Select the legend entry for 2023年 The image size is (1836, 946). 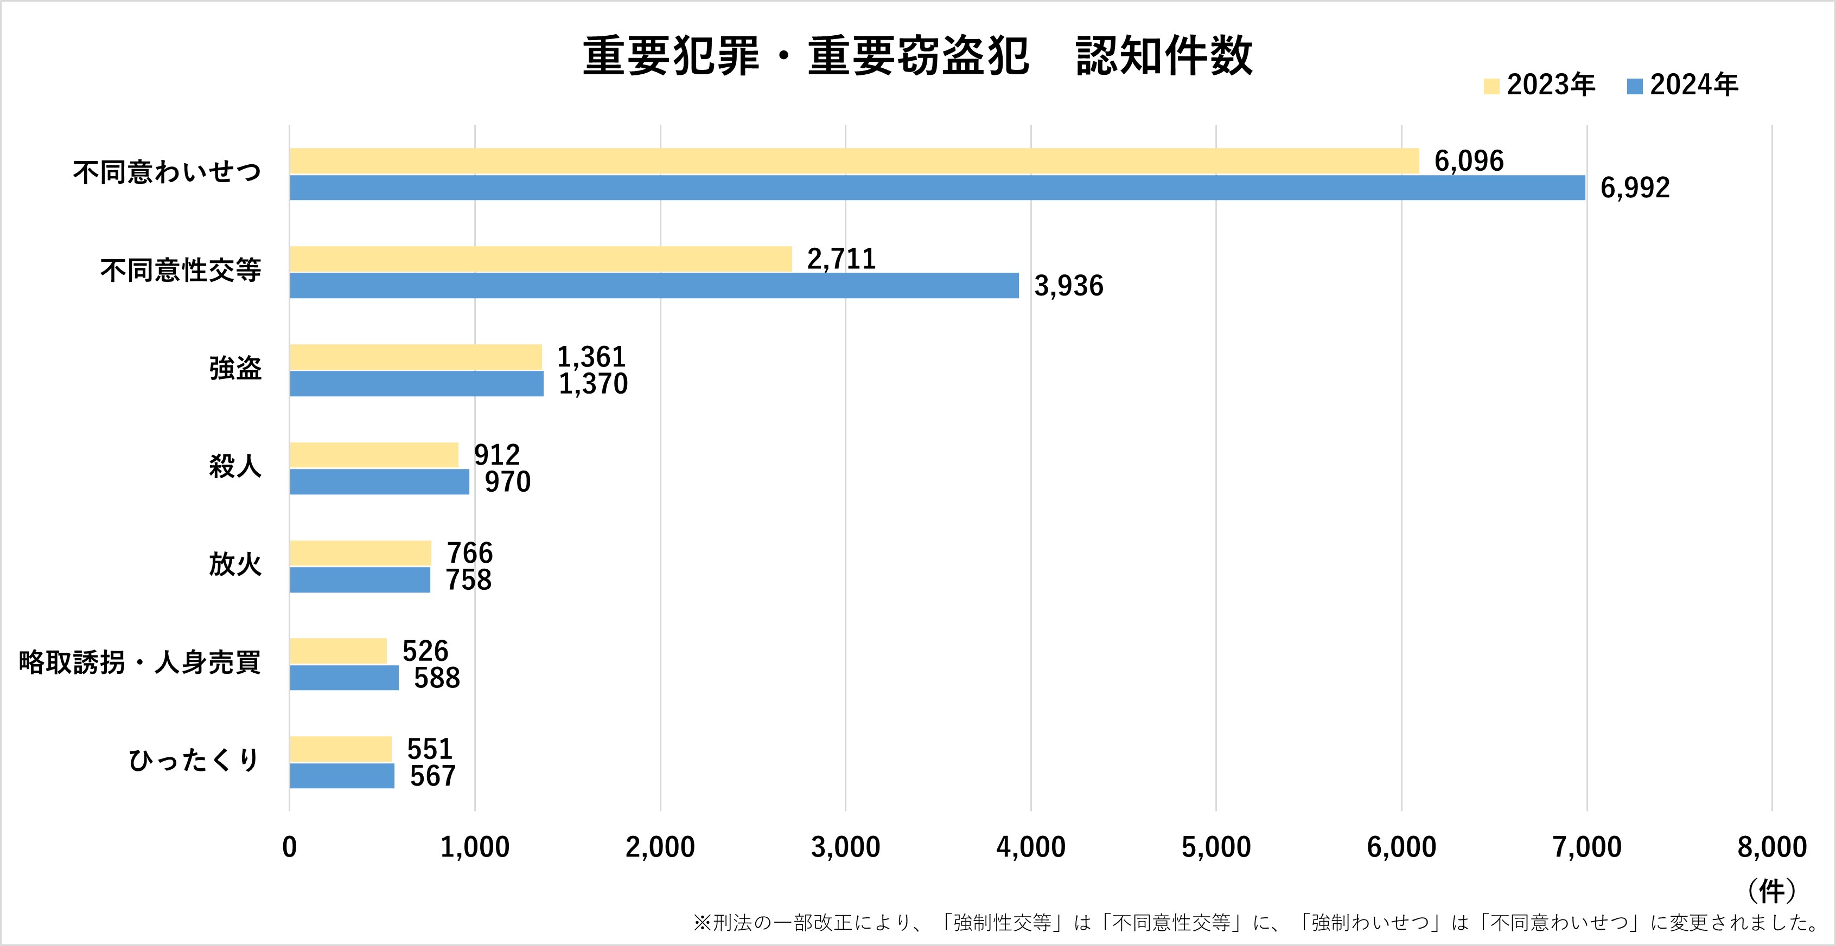pyautogui.click(x=1540, y=86)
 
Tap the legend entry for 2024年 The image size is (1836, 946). pyautogui.click(x=1684, y=86)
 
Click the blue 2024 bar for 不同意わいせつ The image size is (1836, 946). pyautogui.click(x=936, y=188)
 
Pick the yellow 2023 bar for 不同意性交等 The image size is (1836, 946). pyautogui.click(x=540, y=259)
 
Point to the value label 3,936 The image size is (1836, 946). pyautogui.click(x=1068, y=286)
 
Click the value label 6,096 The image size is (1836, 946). pyautogui.click(x=1469, y=162)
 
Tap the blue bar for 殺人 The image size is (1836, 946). pyautogui.click(x=379, y=481)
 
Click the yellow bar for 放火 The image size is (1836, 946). pyautogui.click(x=360, y=553)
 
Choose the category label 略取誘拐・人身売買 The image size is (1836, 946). pyautogui.click(x=139, y=663)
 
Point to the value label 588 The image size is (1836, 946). pyautogui.click(x=437, y=678)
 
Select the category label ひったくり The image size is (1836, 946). pyautogui.click(x=194, y=761)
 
